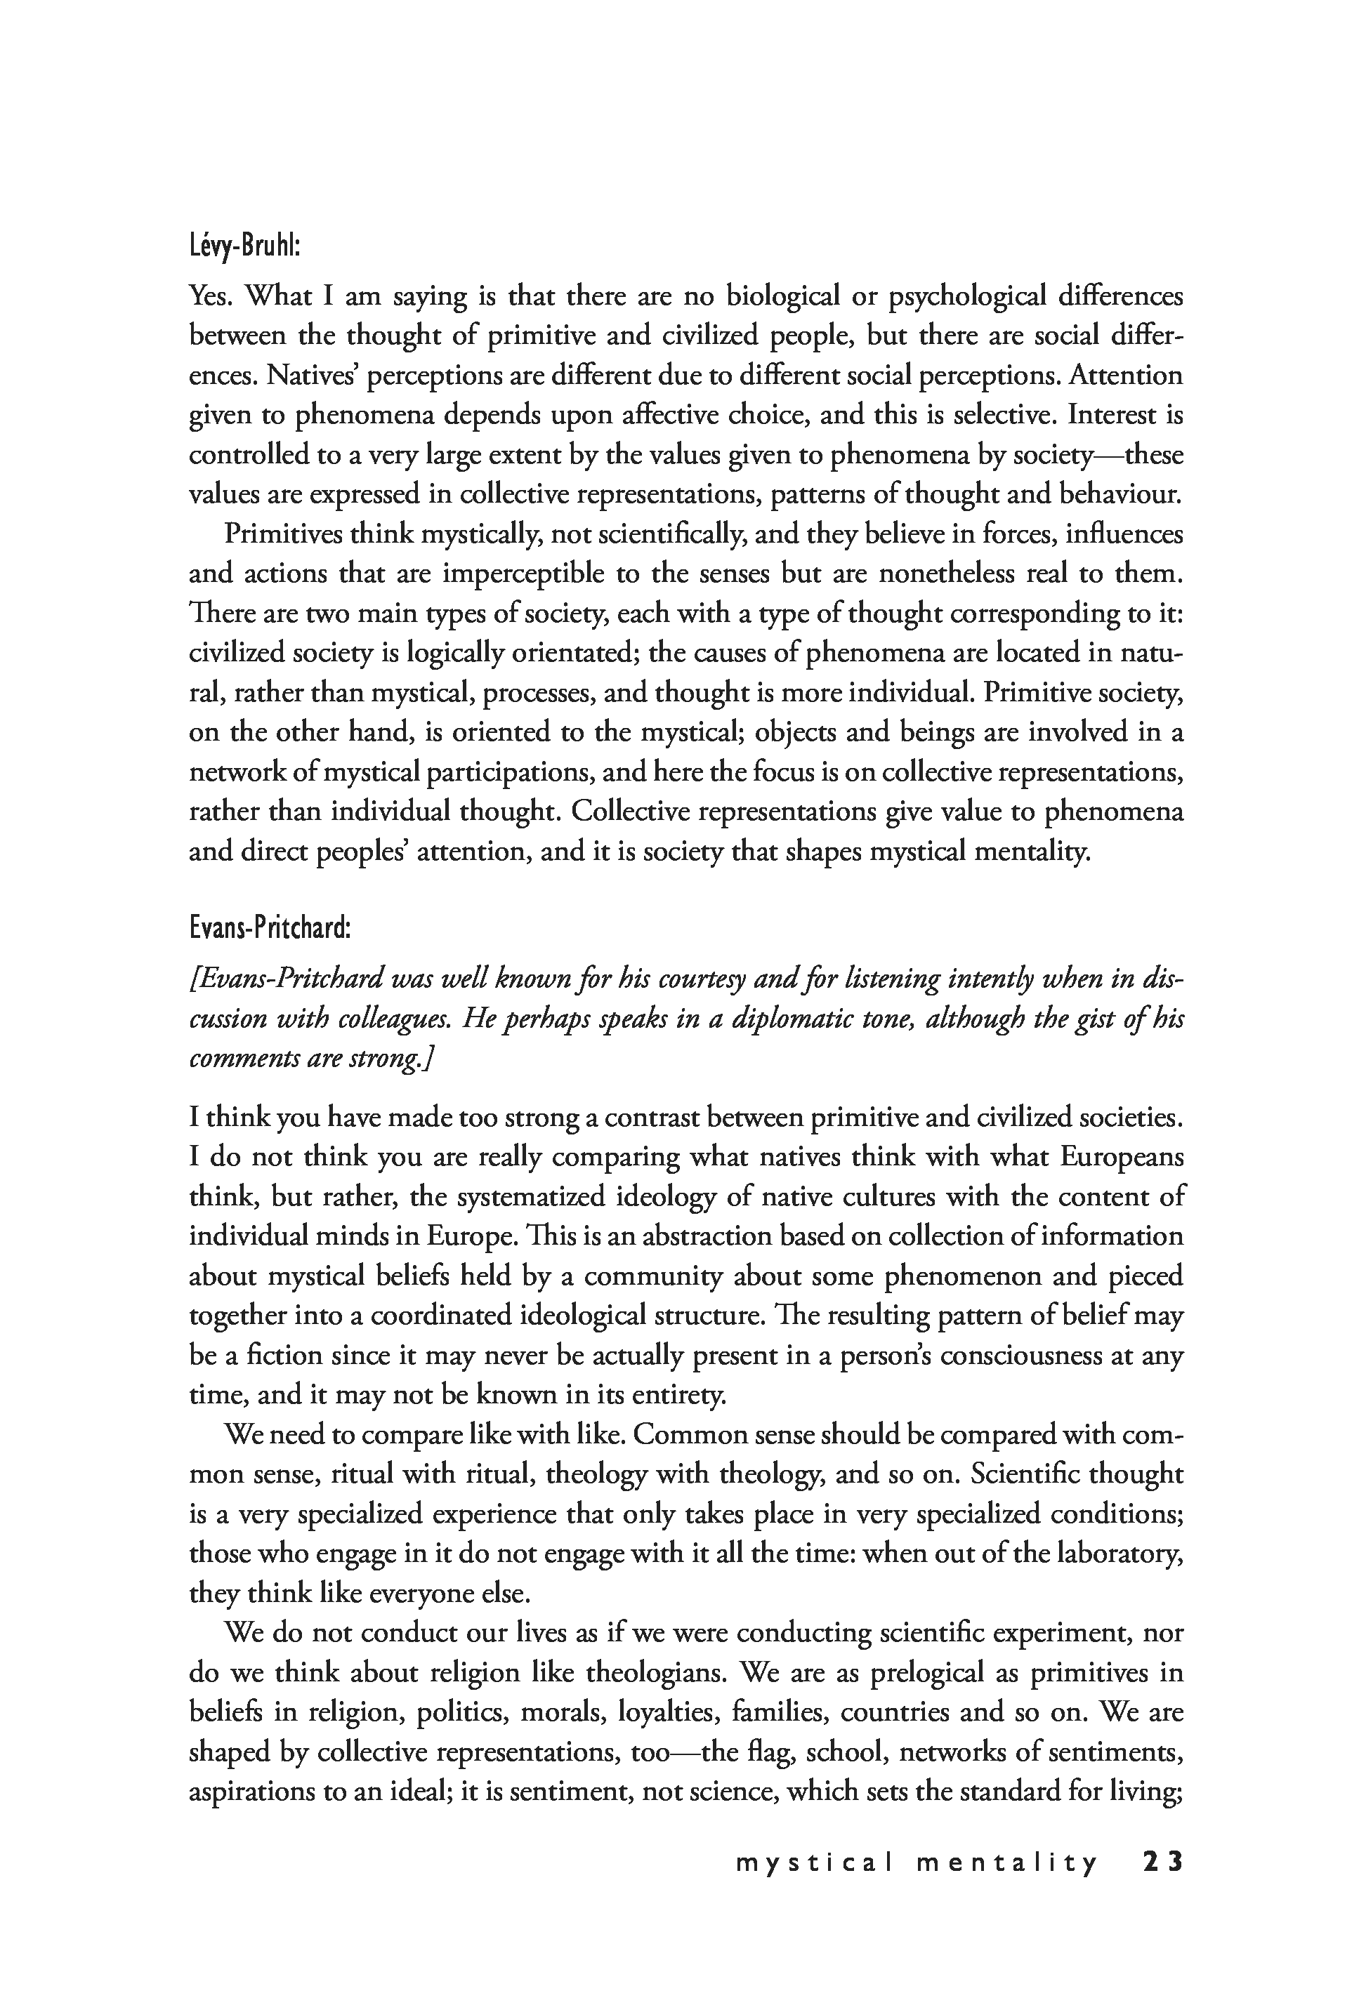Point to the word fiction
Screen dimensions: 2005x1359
tap(282, 1356)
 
